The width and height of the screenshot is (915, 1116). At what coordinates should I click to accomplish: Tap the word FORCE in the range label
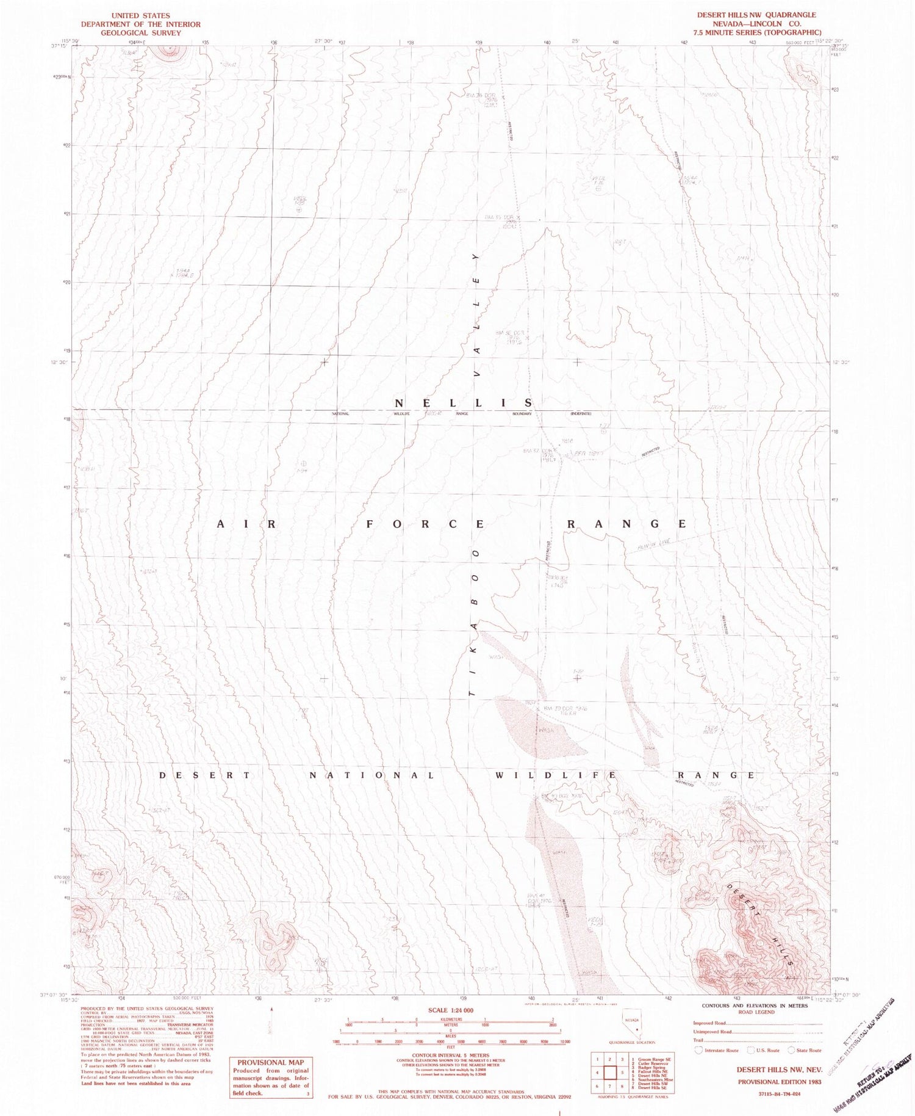[426, 524]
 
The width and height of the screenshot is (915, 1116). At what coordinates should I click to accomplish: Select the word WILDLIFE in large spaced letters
[555, 775]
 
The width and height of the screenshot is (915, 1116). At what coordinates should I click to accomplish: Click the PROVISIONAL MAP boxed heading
[270, 1062]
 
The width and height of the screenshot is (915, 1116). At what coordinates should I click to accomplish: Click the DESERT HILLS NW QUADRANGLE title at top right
[756, 15]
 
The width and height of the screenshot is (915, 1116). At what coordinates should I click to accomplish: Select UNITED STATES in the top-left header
[140, 15]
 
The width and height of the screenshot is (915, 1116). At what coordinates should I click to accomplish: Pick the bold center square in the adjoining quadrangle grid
[609, 1072]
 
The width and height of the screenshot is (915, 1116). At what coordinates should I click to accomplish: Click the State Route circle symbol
[791, 1050]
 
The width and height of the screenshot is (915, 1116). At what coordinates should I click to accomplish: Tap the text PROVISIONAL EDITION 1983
[779, 1081]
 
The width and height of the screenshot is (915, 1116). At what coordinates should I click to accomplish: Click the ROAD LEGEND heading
[755, 1012]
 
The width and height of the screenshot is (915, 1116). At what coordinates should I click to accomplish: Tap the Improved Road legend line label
[711, 1023]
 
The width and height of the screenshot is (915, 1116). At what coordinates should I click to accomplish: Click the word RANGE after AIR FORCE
[627, 524]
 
